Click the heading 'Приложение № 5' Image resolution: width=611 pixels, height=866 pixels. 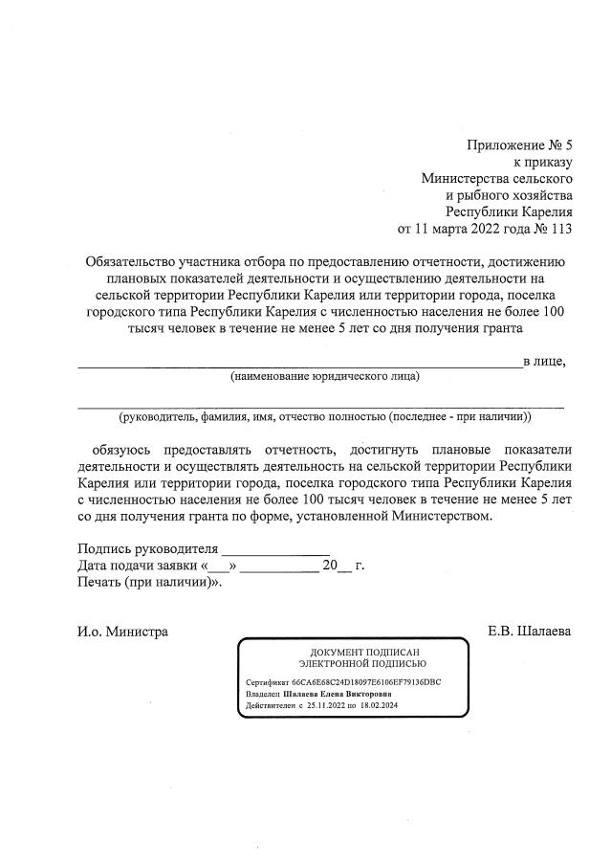(x=519, y=145)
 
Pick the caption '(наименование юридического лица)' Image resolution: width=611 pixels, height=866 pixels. (x=325, y=377)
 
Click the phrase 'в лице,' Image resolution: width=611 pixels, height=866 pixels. (x=544, y=361)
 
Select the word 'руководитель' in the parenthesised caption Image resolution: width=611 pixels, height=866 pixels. (x=158, y=417)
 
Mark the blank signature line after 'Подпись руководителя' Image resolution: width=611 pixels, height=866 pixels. (x=275, y=549)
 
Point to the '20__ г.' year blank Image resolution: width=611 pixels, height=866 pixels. (x=343, y=566)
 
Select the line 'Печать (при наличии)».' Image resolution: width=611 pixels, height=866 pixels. (x=149, y=582)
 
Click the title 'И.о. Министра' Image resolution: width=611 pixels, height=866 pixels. (x=123, y=632)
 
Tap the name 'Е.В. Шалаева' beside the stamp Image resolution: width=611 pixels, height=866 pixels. (x=529, y=632)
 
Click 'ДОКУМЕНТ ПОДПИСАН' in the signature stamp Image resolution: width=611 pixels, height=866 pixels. (x=351, y=651)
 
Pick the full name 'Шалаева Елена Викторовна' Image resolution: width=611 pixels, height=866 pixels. (x=332, y=694)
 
